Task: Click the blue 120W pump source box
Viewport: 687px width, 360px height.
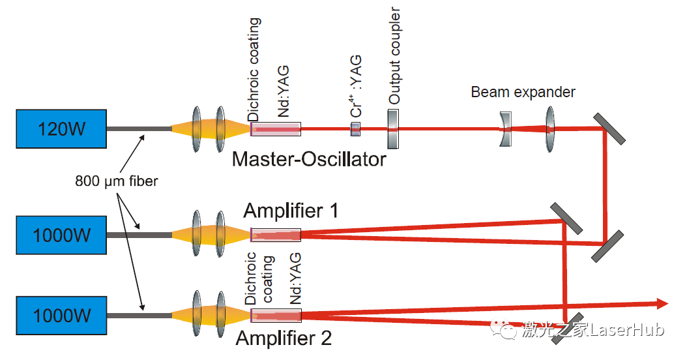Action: tap(61, 128)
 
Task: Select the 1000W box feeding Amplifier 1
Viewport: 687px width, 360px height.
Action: tap(61, 234)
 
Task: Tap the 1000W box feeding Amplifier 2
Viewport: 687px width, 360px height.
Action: tap(61, 316)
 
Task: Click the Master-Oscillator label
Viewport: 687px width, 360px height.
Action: tap(309, 158)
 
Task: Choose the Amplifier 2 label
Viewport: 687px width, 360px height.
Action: tap(284, 338)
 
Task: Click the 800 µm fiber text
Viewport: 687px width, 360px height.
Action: tap(116, 181)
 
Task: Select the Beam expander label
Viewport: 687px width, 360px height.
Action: tap(523, 92)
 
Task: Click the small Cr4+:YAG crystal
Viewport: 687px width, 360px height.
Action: tap(355, 128)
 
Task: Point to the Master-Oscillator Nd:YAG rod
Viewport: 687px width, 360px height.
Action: tap(276, 129)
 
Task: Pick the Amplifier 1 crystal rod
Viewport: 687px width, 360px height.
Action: tap(276, 234)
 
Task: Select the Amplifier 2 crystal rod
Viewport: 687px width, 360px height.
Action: tap(276, 316)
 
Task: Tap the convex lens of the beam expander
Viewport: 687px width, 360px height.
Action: tap(550, 128)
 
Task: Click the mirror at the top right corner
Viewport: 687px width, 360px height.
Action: tap(609, 128)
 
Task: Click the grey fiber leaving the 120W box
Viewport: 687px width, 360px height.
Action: tap(139, 128)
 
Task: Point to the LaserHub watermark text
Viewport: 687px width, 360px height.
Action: tap(593, 330)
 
